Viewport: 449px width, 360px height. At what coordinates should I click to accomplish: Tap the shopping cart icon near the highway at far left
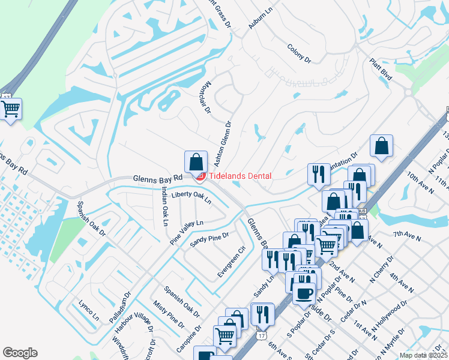tap(11, 110)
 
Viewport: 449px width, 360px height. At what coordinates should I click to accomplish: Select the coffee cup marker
tap(304, 293)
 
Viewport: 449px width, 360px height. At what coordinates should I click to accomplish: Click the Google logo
tap(20, 353)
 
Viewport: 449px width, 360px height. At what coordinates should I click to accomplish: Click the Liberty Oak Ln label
tap(191, 196)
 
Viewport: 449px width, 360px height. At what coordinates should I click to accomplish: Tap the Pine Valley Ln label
tap(186, 232)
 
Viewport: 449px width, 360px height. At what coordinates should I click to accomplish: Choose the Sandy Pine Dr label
tap(209, 239)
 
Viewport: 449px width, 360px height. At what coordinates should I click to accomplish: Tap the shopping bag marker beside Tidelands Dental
tap(196, 162)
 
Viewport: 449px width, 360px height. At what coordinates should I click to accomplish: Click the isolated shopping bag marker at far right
tap(382, 145)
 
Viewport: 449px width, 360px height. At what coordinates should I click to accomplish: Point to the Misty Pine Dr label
tap(169, 316)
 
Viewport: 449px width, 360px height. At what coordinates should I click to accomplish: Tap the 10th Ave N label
tap(420, 183)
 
